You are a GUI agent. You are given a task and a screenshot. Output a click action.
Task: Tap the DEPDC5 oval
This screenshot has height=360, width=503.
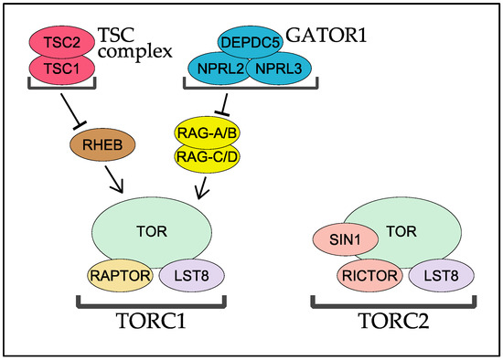coord(250,41)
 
